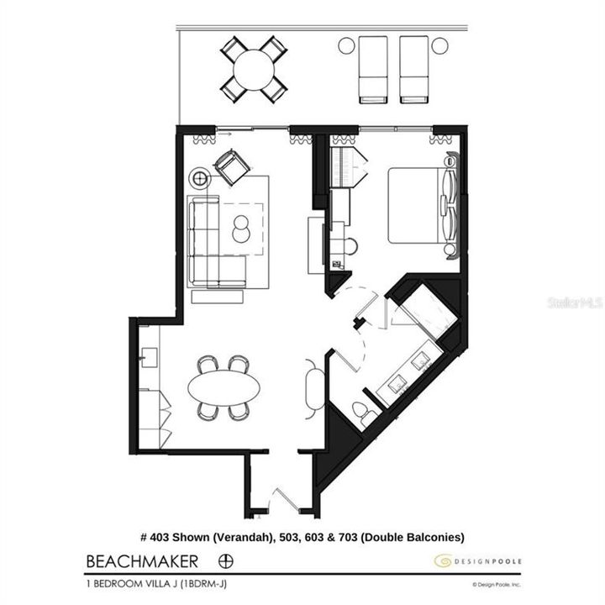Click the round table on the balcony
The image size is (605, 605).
pos(253,69)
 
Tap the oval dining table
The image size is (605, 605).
pos(224,387)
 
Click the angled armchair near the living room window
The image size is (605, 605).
pos(231,166)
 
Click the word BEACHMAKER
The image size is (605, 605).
pos(142,560)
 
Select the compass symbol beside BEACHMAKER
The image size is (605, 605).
pos(225,560)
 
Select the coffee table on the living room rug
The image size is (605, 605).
pos(241,229)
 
